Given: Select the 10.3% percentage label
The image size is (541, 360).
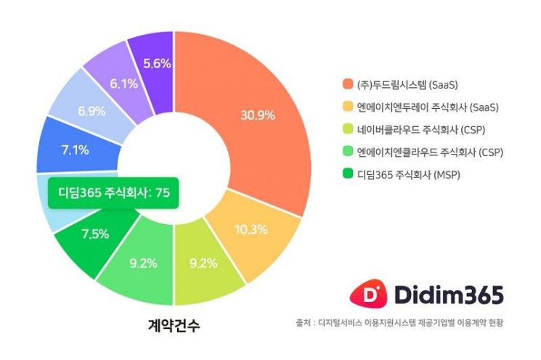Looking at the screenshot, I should click(251, 229).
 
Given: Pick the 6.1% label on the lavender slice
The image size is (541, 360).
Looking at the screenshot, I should click(123, 84).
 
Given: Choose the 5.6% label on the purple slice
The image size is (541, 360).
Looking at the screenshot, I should click(157, 63).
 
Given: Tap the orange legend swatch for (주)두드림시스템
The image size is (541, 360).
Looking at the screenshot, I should click(347, 85).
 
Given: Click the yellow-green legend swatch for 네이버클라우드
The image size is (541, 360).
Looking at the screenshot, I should click(347, 130).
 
